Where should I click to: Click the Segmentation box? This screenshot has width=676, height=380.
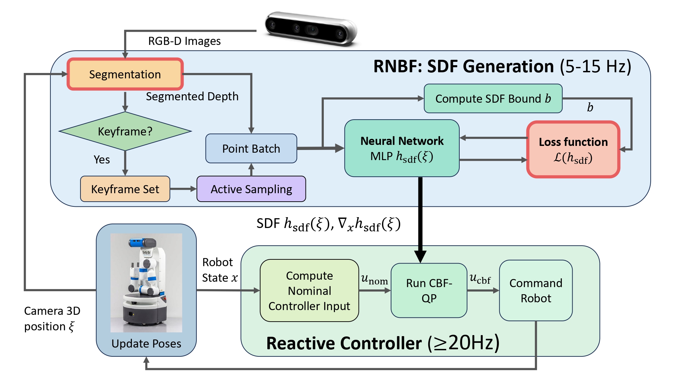point(125,74)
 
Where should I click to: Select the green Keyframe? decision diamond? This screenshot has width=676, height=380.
point(125,131)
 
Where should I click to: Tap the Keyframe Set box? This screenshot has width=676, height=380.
point(125,189)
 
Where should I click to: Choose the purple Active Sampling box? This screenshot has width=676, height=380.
point(251,189)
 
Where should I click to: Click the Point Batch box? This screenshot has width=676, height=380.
point(251,149)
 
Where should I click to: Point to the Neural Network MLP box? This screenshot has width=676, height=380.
point(402,148)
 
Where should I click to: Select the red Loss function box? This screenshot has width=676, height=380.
point(573,149)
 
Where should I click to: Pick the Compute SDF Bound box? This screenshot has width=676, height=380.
point(493,99)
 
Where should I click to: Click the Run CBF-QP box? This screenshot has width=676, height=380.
point(429,290)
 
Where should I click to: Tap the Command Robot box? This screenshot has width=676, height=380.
point(536,290)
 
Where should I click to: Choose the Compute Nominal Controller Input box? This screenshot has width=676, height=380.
point(309,290)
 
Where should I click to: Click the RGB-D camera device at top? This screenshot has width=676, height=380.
point(310,29)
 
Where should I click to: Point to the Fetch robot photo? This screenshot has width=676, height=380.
point(146,282)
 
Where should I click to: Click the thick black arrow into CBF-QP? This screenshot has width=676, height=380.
point(420,220)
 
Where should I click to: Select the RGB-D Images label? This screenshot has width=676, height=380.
point(184,41)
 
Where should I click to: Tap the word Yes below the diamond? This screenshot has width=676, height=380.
point(102,159)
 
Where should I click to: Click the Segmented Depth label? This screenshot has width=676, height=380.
point(192,97)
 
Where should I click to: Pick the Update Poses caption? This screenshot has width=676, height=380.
point(146,344)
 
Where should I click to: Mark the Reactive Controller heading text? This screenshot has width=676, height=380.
point(383,343)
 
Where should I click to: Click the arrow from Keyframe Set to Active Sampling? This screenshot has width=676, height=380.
point(183,189)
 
